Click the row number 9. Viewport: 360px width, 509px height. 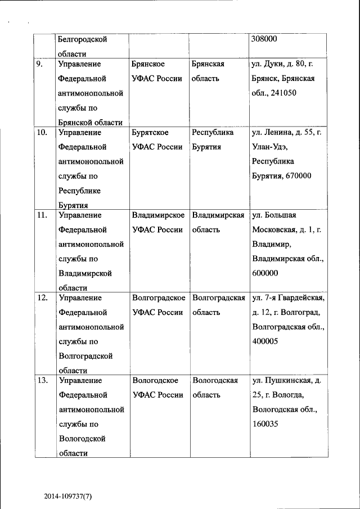pos(39,64)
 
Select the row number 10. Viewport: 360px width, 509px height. pos(42,133)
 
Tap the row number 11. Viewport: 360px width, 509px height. pos(42,215)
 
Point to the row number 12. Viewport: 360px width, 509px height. pos(42,298)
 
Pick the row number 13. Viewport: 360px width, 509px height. pos(42,380)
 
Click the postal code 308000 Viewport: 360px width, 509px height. pos(266,39)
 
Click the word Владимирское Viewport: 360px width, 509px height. pos(159,215)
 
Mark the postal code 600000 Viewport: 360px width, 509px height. pos(265,273)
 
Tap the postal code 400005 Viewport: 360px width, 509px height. pos(265,341)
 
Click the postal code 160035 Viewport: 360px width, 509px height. pos(265,424)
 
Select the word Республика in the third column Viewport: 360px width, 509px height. pos(213,133)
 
